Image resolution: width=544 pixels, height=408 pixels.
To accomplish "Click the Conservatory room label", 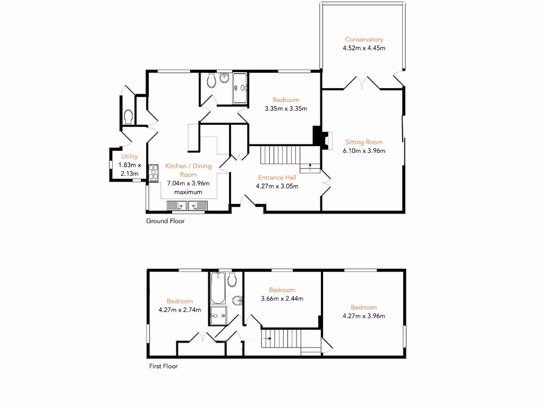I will (364, 39).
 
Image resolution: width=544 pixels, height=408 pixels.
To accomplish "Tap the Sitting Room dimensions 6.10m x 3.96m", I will (364, 150).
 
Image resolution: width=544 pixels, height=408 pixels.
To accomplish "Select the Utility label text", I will (130, 156).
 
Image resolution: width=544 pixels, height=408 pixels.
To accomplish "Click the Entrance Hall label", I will (277, 177).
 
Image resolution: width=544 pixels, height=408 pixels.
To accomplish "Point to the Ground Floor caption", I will (165, 221).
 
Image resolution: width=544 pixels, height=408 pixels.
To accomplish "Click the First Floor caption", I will (163, 366).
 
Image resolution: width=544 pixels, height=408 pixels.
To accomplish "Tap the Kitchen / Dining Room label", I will (188, 170).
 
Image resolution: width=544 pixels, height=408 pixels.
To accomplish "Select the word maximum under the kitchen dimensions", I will (189, 192).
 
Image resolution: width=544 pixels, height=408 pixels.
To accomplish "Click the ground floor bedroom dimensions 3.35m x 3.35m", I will (286, 108).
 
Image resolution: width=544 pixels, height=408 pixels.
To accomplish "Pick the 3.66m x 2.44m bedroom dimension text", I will (282, 299).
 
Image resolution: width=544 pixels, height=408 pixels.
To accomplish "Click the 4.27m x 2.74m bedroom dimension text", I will (180, 310).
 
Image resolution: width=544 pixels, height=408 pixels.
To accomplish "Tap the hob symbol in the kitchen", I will (154, 173).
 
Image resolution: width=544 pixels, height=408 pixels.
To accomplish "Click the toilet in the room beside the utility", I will (127, 115).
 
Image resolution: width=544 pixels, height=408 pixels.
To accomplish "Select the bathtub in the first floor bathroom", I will (217, 287).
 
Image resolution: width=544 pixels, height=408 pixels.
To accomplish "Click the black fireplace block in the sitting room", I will (318, 135).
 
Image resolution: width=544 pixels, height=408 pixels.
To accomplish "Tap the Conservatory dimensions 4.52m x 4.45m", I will (364, 48).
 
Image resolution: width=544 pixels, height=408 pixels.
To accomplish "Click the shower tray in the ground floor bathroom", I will (240, 87).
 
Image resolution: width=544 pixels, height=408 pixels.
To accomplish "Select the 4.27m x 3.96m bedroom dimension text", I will (364, 316).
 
